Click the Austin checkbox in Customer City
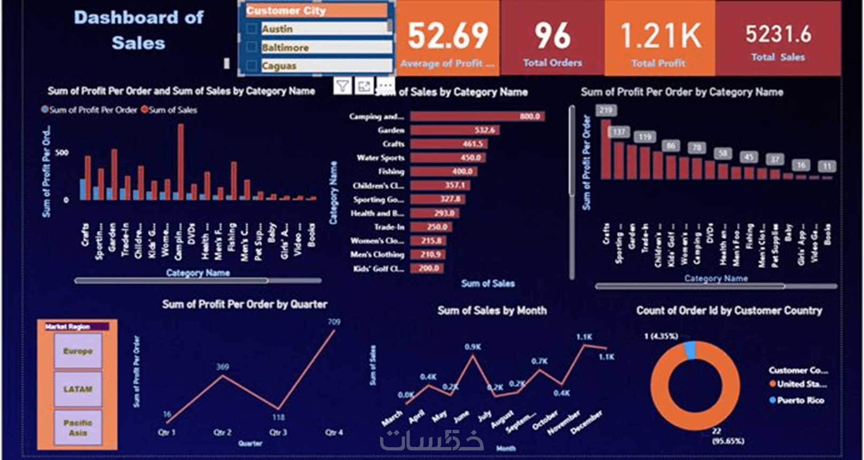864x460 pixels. [252, 29]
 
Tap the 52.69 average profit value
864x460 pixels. [448, 36]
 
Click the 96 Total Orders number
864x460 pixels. [552, 36]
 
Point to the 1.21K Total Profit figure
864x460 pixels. [660, 36]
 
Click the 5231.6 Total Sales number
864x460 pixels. [778, 34]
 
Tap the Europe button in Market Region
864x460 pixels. [78, 351]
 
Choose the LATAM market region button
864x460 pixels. [78, 389]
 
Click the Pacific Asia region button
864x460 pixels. [78, 427]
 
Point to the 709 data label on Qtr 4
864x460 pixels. [334, 322]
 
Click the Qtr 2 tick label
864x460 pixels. [222, 432]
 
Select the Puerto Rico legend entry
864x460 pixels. [800, 400]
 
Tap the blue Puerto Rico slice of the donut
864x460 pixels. [690, 350]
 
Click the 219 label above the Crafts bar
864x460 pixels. [606, 111]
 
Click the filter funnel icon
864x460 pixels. [343, 86]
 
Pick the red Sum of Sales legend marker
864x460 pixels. [145, 110]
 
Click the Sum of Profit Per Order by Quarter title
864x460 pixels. [245, 304]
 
